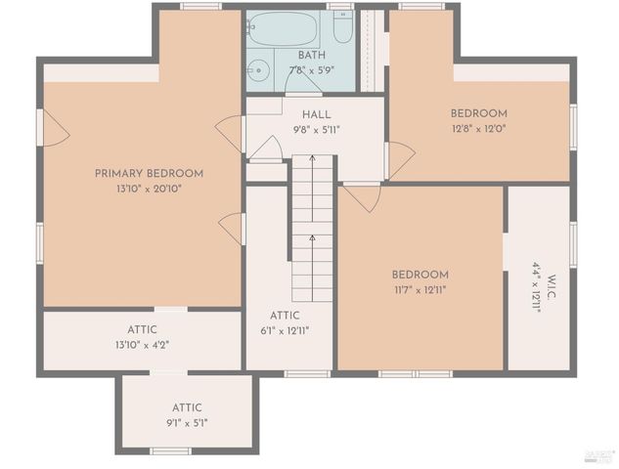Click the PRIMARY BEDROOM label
[x=149, y=174]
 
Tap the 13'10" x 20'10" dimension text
[x=149, y=188]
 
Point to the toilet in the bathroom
[x=342, y=26]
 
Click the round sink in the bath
[x=258, y=69]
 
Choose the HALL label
[x=316, y=115]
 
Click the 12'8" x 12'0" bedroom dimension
[x=478, y=127]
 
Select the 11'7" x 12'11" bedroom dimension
[x=420, y=289]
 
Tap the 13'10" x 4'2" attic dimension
[x=141, y=344]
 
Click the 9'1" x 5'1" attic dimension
[x=187, y=422]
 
